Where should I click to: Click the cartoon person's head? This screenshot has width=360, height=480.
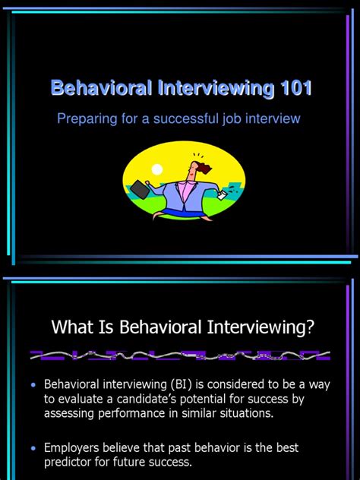tap(183, 168)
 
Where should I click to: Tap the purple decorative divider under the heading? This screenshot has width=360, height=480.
tap(180, 355)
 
